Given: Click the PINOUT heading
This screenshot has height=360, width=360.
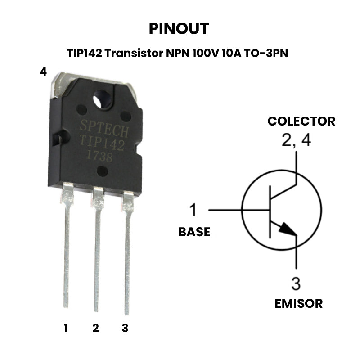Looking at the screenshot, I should tap(179, 29).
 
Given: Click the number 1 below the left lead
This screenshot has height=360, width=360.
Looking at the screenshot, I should tap(66, 328).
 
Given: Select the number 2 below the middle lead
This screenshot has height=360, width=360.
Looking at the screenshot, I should tap(95, 328).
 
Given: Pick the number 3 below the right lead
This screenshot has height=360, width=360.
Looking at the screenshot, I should tap(125, 328).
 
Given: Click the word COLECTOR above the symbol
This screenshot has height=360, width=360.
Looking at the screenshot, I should tap(301, 121).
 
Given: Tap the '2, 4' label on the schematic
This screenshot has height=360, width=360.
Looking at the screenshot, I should tap(296, 141).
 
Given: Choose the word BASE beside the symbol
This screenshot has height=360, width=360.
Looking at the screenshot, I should tap(194, 232).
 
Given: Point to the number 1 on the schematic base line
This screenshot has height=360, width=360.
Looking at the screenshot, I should tap(193, 210).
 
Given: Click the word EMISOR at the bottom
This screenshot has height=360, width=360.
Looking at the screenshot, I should tap(299, 303).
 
